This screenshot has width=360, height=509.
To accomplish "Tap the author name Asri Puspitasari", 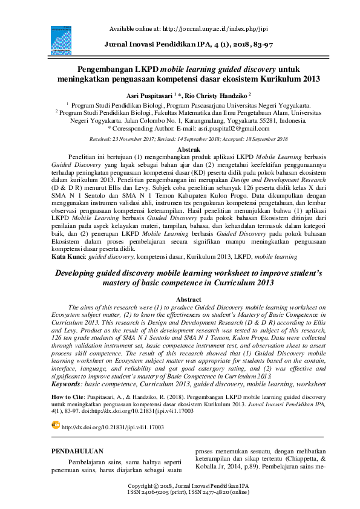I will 148,96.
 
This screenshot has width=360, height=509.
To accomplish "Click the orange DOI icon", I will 56,409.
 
